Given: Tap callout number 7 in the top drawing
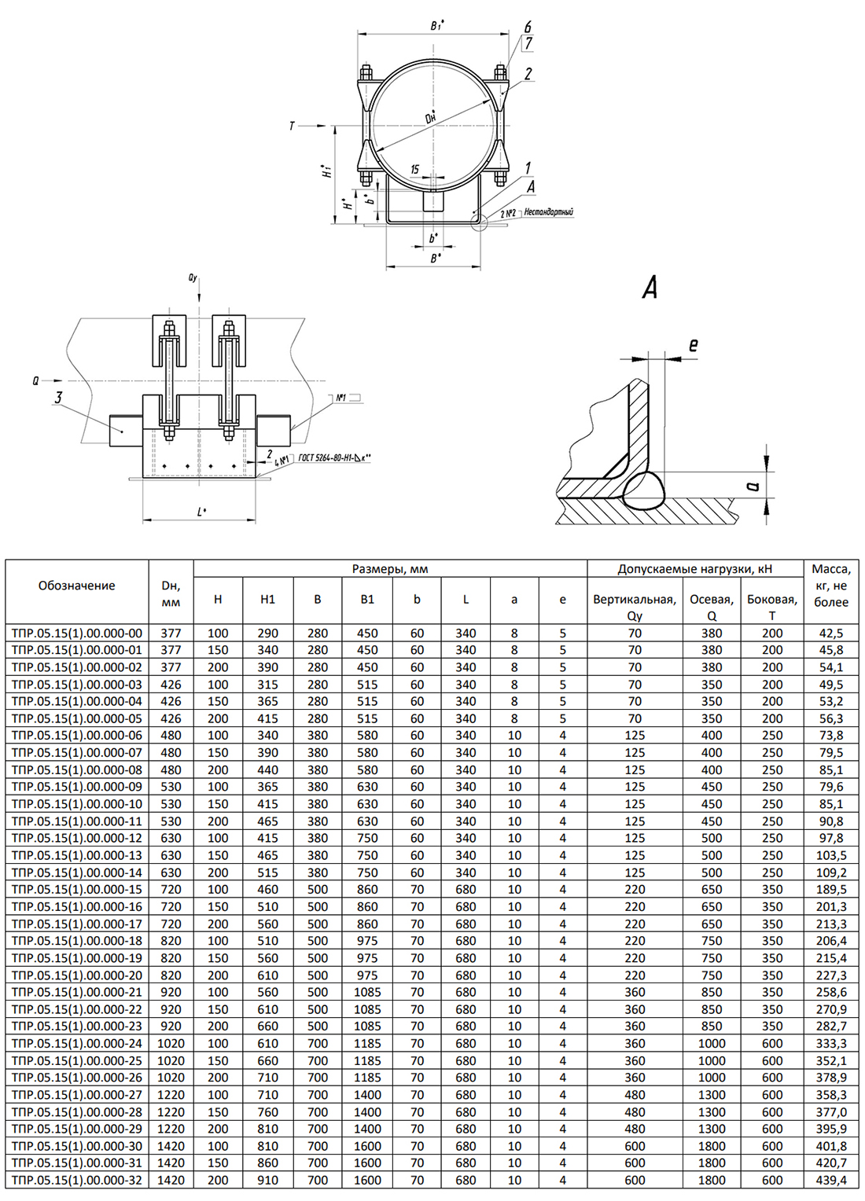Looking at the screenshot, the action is tap(528, 43).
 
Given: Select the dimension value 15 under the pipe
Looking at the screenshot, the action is tap(415, 170).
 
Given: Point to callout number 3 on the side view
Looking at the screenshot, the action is tap(58, 397).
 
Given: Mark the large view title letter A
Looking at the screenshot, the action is tap(650, 288).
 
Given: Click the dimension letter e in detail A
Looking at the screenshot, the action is tap(693, 345).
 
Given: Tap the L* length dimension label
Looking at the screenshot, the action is tap(201, 512).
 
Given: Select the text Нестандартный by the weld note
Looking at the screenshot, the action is tap(549, 211).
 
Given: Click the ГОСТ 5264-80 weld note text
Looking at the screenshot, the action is tap(335, 458).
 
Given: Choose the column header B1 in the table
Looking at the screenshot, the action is tap(367, 600).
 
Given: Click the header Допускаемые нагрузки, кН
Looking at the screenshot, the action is tap(695, 569).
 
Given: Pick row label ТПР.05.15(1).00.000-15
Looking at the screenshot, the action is tap(77, 890).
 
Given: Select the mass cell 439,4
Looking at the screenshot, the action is tap(831, 1180).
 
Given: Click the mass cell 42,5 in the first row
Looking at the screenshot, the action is tap(831, 634).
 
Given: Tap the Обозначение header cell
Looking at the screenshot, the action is tap(77, 586).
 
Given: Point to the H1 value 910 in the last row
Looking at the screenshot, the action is tap(267, 1180).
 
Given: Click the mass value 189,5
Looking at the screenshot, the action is tap(831, 890).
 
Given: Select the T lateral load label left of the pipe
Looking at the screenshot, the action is tap(292, 127).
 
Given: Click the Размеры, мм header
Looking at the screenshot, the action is tap(390, 569).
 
